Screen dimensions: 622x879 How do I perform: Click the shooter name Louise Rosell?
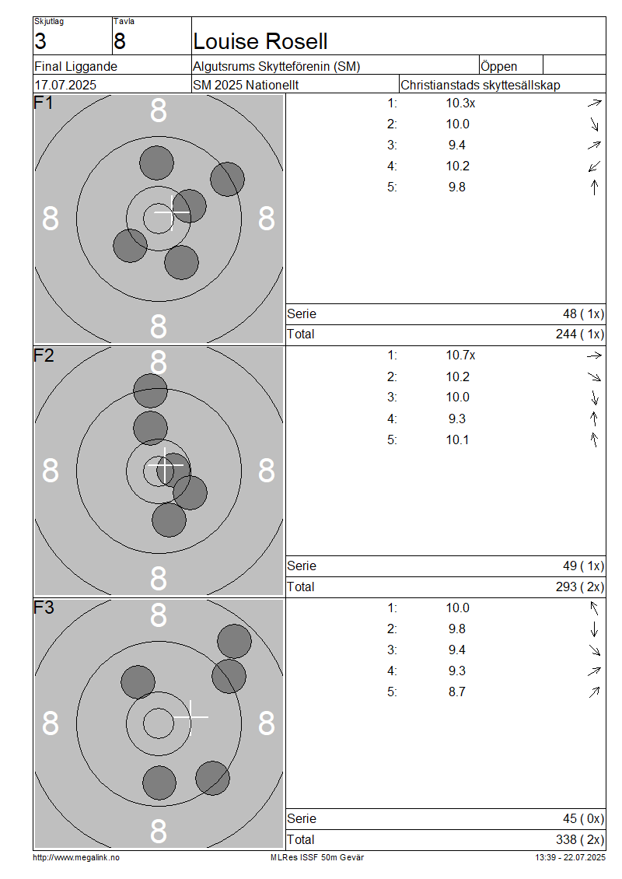tap(260, 41)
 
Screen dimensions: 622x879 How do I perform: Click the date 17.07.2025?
tap(65, 86)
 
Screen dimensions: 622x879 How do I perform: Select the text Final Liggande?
tap(75, 67)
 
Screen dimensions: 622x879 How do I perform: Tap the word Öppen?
tap(498, 66)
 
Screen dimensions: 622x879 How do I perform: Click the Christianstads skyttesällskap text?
tap(480, 86)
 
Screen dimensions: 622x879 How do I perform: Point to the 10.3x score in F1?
tap(460, 103)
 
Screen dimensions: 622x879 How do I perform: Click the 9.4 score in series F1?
tap(456, 145)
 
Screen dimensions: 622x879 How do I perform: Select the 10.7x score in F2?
tap(460, 355)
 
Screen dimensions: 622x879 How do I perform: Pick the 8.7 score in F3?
tap(456, 692)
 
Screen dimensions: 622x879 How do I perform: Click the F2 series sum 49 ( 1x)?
tap(583, 566)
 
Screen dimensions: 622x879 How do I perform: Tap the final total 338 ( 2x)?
tap(580, 840)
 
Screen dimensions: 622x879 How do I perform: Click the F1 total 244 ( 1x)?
tap(580, 334)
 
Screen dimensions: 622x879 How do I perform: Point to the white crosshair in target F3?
tap(190, 717)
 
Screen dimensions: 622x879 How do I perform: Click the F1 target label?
tap(43, 103)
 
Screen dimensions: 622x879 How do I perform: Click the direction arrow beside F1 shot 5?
tap(595, 187)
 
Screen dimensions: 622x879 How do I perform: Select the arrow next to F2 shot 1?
tap(594, 355)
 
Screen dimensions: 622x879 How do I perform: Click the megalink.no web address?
tap(76, 858)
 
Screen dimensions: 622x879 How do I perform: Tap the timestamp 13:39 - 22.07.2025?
tap(570, 858)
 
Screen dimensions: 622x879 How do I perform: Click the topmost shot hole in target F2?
tap(150, 390)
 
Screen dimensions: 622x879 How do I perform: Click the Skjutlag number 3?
tap(40, 41)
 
